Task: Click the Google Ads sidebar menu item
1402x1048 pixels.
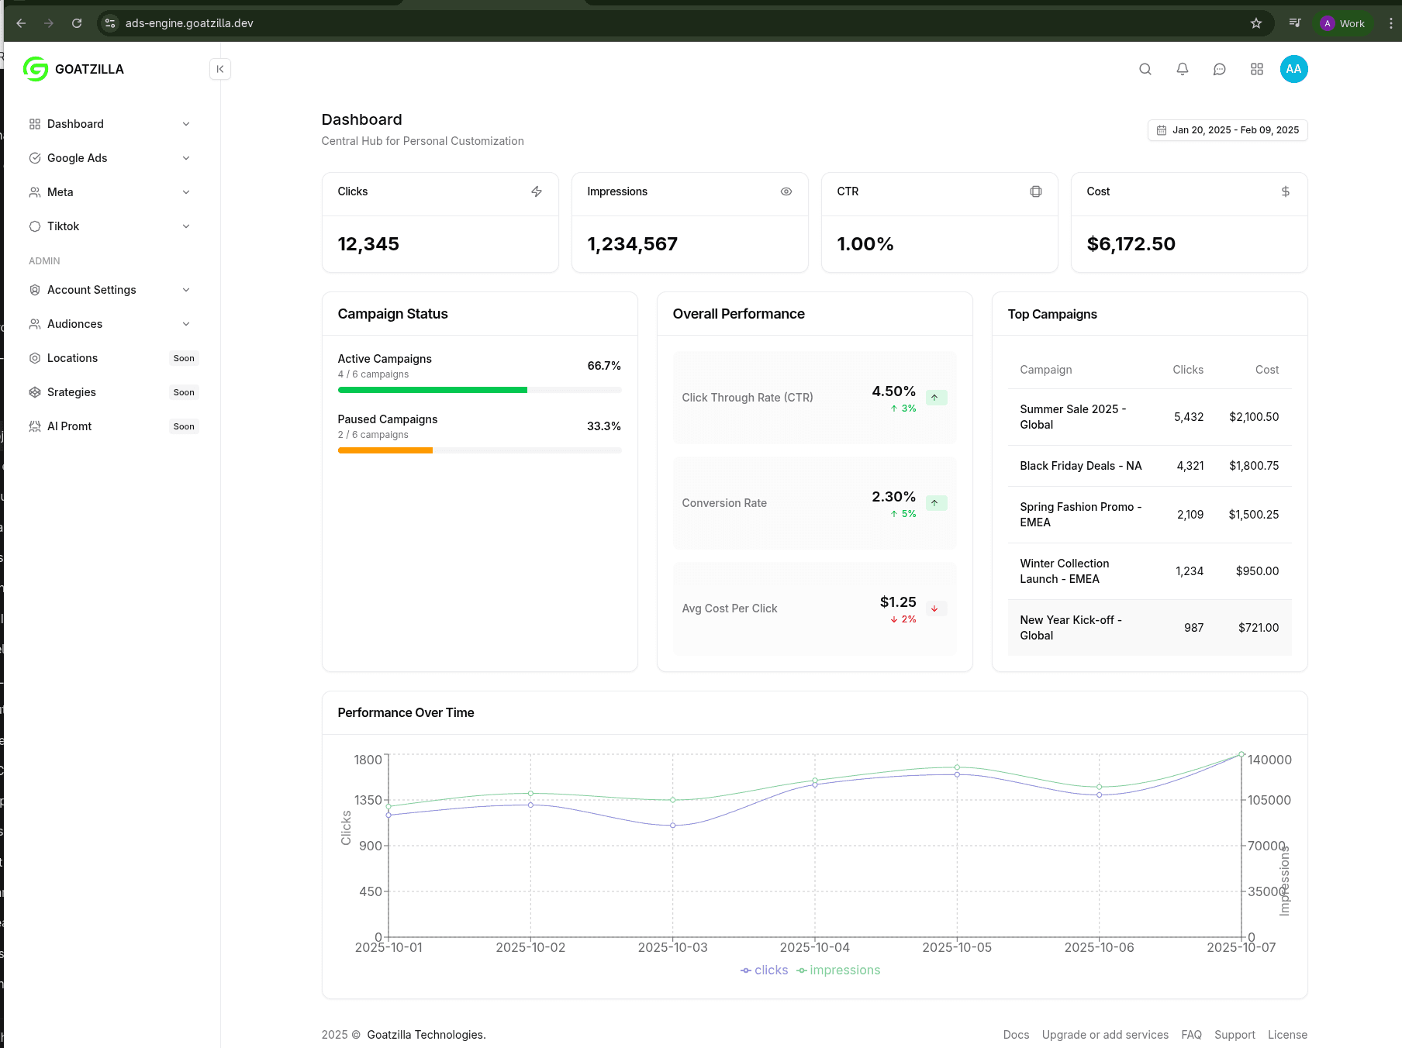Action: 78,158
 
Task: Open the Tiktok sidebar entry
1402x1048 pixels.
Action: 64,226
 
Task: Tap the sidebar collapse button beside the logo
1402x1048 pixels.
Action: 220,69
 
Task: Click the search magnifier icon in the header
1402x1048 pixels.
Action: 1145,69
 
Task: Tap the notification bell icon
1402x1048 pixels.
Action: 1183,69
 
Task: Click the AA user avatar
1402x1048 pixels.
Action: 1293,69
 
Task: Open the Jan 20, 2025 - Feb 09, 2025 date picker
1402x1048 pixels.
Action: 1228,130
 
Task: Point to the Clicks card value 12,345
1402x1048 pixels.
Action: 368,244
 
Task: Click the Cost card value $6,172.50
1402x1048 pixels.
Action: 1131,244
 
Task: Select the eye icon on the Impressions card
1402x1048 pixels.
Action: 786,191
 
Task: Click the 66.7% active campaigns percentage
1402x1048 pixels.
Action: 604,366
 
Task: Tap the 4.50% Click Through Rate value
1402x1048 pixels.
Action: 893,391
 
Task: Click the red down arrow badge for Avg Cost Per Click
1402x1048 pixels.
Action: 934,608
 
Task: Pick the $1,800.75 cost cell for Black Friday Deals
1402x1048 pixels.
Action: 1254,466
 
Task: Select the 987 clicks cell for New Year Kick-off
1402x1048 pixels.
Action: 1193,628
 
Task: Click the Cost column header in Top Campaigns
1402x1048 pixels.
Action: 1267,370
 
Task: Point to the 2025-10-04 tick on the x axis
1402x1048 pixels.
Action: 815,947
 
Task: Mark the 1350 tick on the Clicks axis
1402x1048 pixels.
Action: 368,800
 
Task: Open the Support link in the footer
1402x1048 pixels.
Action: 1235,1035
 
